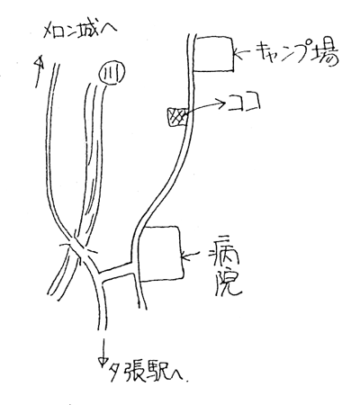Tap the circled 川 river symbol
(x=112, y=74)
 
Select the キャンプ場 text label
(x=297, y=55)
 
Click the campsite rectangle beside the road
(x=213, y=54)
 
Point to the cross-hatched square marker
(x=177, y=117)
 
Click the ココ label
(x=244, y=103)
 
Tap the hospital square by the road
(x=161, y=254)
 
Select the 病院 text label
(x=226, y=272)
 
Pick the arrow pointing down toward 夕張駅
(x=103, y=350)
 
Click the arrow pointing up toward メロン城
(x=39, y=71)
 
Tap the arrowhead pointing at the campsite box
(x=237, y=54)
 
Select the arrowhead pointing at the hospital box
(x=184, y=256)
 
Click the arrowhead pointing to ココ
(x=222, y=103)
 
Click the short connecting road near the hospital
(x=117, y=273)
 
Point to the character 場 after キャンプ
(x=327, y=56)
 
